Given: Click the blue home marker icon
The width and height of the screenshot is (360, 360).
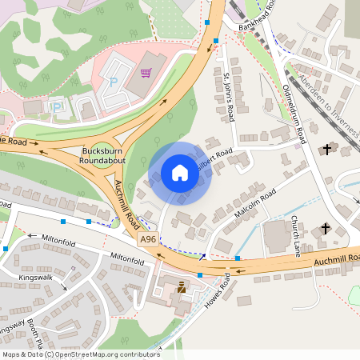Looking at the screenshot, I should coord(179,173).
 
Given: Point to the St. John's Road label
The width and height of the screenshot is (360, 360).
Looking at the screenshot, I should coord(229,97).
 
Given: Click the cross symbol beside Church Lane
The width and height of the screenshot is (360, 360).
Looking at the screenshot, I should coord(326,230).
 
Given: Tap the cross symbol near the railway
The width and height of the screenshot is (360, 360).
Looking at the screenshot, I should coord(326,149).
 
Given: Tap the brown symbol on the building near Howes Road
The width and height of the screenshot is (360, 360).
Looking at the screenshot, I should coord(182,286).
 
